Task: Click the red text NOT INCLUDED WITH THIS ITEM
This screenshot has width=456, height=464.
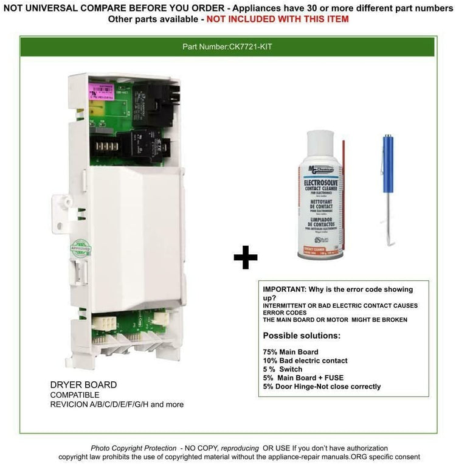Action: [x=278, y=19]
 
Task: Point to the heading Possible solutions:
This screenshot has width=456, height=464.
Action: [x=302, y=336]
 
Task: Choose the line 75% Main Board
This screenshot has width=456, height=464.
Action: [x=290, y=351]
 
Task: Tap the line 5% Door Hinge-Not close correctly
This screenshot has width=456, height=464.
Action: [x=322, y=386]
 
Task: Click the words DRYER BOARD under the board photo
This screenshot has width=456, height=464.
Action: [x=84, y=385]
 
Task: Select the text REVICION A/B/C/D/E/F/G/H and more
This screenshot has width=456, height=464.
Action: [x=117, y=404]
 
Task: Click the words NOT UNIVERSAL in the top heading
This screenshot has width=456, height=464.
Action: [x=38, y=7]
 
